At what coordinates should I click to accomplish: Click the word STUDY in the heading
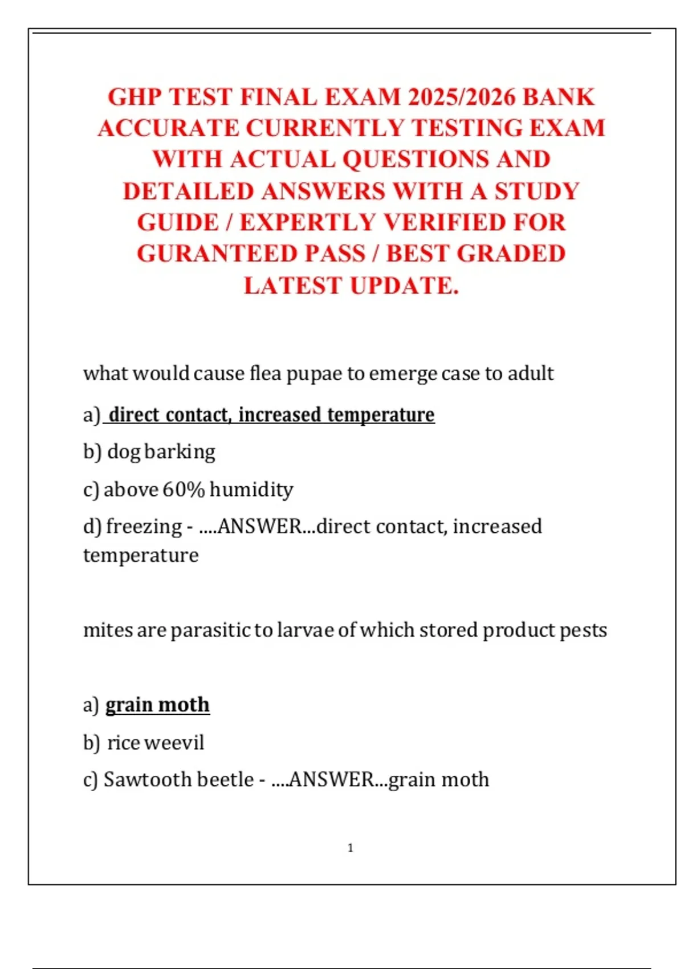point(536,191)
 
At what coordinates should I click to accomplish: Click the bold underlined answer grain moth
point(157,705)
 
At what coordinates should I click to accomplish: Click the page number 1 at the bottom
point(351,848)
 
